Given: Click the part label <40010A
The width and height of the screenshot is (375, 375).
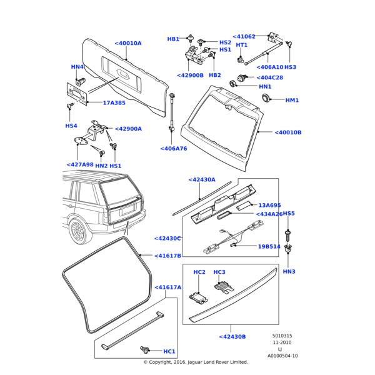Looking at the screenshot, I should pyautogui.click(x=128, y=43).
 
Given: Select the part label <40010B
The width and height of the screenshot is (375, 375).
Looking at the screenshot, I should pyautogui.click(x=288, y=132).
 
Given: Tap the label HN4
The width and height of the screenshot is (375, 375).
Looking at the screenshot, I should pyautogui.click(x=77, y=67).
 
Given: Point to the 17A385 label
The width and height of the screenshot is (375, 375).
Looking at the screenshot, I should pyautogui.click(x=114, y=103).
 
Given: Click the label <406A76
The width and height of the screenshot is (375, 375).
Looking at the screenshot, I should pyautogui.click(x=174, y=149).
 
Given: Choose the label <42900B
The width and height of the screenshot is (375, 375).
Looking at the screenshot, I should pyautogui.click(x=190, y=75).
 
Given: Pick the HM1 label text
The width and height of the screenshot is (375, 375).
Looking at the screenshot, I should pyautogui.click(x=292, y=100).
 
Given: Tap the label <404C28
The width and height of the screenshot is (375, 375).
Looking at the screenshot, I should pyautogui.click(x=269, y=78).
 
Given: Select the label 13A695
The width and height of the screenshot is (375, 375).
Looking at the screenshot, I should pyautogui.click(x=270, y=205).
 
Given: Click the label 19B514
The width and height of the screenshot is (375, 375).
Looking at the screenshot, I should pyautogui.click(x=269, y=246).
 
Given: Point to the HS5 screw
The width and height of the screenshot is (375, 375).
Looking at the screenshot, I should pyautogui.click(x=288, y=235).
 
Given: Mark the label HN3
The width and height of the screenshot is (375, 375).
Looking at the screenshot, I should pyautogui.click(x=289, y=271).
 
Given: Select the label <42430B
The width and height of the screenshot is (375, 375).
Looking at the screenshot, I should pyautogui.click(x=232, y=337).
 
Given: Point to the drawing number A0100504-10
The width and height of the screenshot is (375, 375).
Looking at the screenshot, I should pyautogui.click(x=282, y=356).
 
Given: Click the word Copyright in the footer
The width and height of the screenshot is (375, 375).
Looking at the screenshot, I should pyautogui.click(x=163, y=362).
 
